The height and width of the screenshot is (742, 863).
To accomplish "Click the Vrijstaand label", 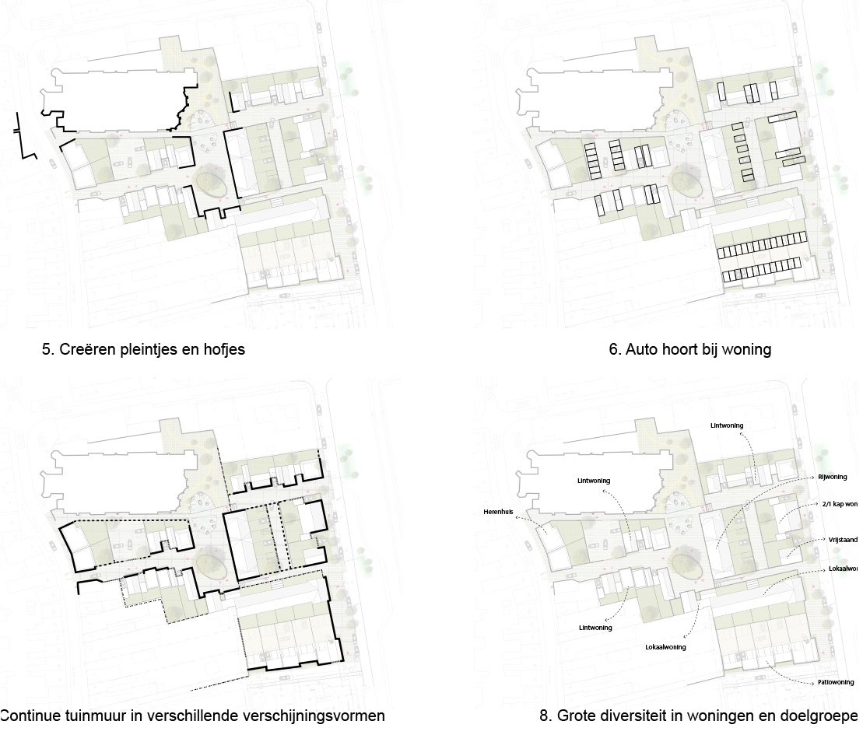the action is (x=844, y=538).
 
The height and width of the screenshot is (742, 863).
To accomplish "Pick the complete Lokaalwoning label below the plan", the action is (x=665, y=646).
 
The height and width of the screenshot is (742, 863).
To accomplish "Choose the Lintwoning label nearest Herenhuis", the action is (x=594, y=481).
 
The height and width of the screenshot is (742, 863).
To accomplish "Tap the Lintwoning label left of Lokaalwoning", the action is (x=595, y=627).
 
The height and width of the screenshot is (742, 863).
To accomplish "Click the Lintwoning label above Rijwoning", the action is (x=727, y=425).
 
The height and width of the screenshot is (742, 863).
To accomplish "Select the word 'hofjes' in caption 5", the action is (x=224, y=349).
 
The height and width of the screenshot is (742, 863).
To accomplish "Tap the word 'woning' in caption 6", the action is (x=746, y=349).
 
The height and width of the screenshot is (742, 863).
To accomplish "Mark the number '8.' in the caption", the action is (x=546, y=715).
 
